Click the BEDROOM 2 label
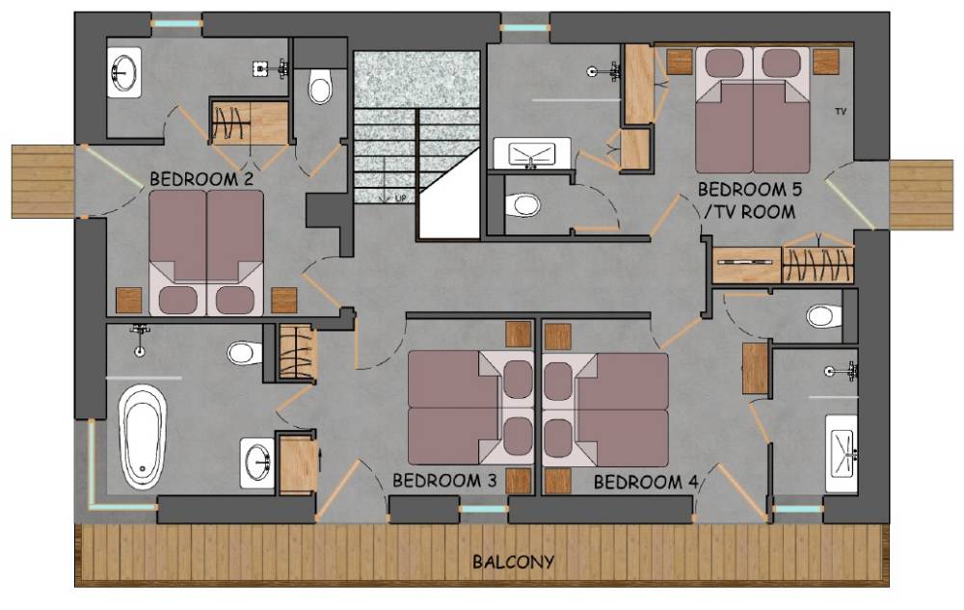coord(201,179)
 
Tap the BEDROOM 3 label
coord(444,480)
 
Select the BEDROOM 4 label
coord(646,482)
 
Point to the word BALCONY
coord(514,562)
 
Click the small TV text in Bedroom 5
coord(841,111)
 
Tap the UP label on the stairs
coord(400,198)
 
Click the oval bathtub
coord(143,437)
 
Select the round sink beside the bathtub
coord(257,463)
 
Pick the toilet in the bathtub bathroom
coord(245,353)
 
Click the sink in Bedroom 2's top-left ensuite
coord(124,72)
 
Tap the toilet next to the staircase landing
coord(320,86)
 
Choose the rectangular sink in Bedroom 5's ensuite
coord(532,153)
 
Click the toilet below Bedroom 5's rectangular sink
coord(522,204)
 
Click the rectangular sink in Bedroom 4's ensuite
coord(841,453)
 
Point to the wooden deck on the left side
coord(43,182)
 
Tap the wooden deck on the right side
coord(921,195)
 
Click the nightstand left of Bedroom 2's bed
coord(128,301)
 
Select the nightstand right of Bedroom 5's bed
coord(826,62)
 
